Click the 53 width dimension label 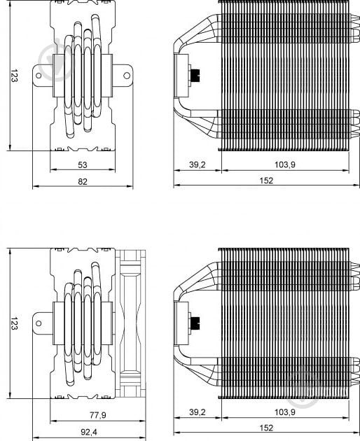point(83,164)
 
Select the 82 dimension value point(83,182)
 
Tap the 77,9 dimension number point(97,415)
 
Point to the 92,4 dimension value point(89,432)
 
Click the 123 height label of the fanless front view point(14,76)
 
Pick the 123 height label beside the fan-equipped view point(14,323)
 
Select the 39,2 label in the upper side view point(198,164)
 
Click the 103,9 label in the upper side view point(285,164)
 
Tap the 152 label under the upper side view point(266,181)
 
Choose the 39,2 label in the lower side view point(198,412)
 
